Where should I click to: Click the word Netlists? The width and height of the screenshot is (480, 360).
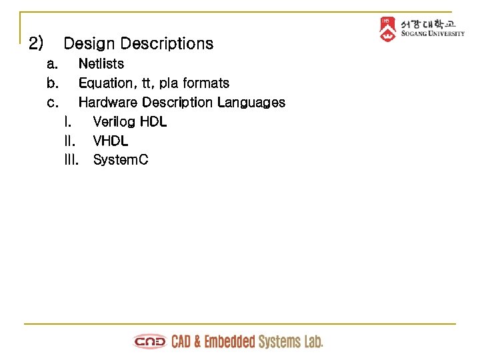tap(101, 64)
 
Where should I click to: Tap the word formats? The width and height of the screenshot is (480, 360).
tap(206, 83)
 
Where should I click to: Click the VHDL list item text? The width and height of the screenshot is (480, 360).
tap(111, 141)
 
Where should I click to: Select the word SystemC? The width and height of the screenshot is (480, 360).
tap(121, 160)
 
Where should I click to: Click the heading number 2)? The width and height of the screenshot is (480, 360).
tap(36, 44)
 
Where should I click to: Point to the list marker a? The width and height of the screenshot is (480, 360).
tap(52, 65)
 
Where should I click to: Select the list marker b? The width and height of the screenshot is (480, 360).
tap(52, 83)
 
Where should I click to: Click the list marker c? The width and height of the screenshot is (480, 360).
tap(52, 103)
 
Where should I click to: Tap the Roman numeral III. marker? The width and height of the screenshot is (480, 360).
tap(71, 160)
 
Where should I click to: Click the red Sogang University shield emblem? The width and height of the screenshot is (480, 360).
tap(387, 29)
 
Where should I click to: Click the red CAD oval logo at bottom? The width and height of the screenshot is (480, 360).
tap(151, 342)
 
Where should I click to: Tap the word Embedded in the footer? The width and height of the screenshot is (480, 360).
tap(229, 342)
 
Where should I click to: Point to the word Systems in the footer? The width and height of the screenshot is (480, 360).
tap(280, 342)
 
